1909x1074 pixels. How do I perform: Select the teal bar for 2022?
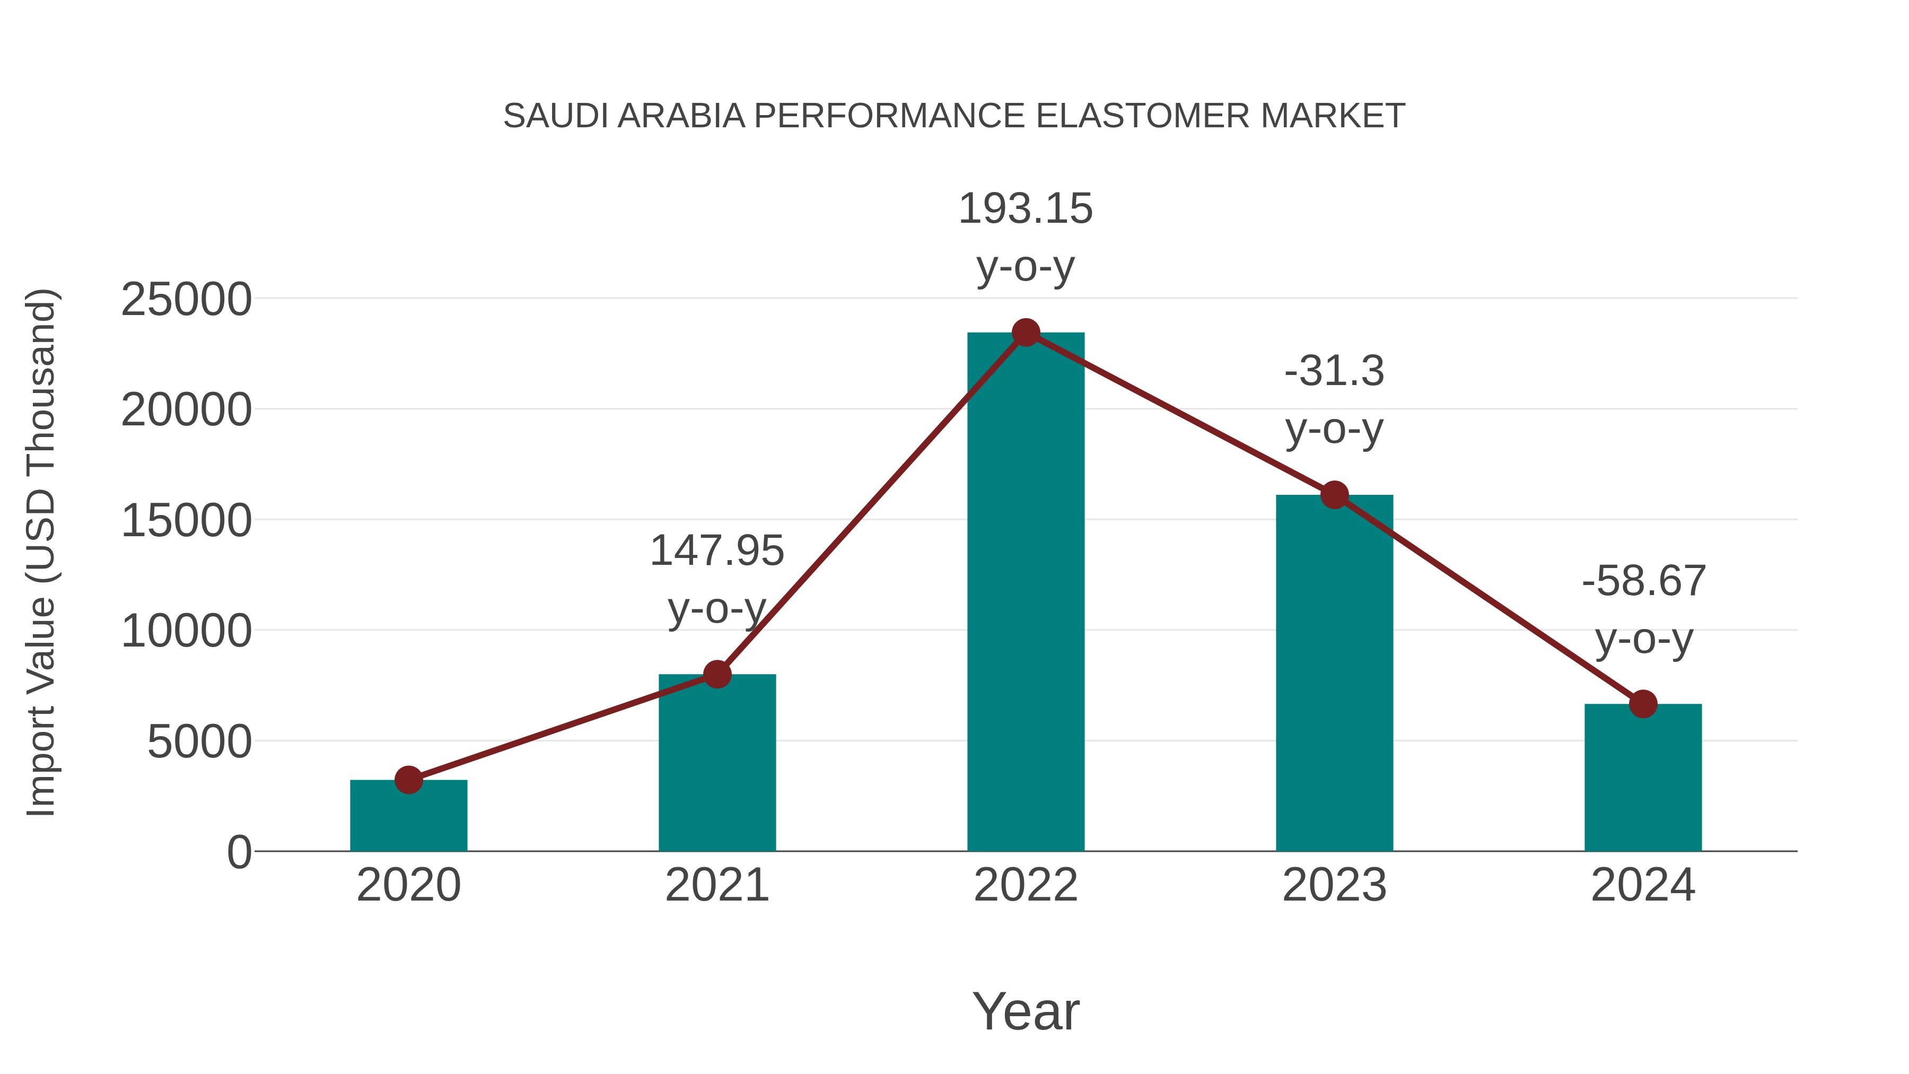[1026, 593]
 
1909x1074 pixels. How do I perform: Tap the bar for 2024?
[1643, 778]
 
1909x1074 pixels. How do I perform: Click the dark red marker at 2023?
[1335, 495]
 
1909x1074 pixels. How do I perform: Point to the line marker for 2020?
[408, 780]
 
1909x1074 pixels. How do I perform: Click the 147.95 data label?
[716, 552]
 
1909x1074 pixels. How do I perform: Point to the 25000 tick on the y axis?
[186, 300]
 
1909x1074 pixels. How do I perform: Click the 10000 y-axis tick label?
[186, 632]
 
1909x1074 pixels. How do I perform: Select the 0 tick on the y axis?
[239, 852]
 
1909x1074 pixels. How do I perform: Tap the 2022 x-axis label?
[1026, 885]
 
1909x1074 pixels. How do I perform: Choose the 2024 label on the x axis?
[1643, 885]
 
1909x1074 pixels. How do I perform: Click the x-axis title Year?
[1026, 1012]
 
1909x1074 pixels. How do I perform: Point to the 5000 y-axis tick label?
[199, 742]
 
